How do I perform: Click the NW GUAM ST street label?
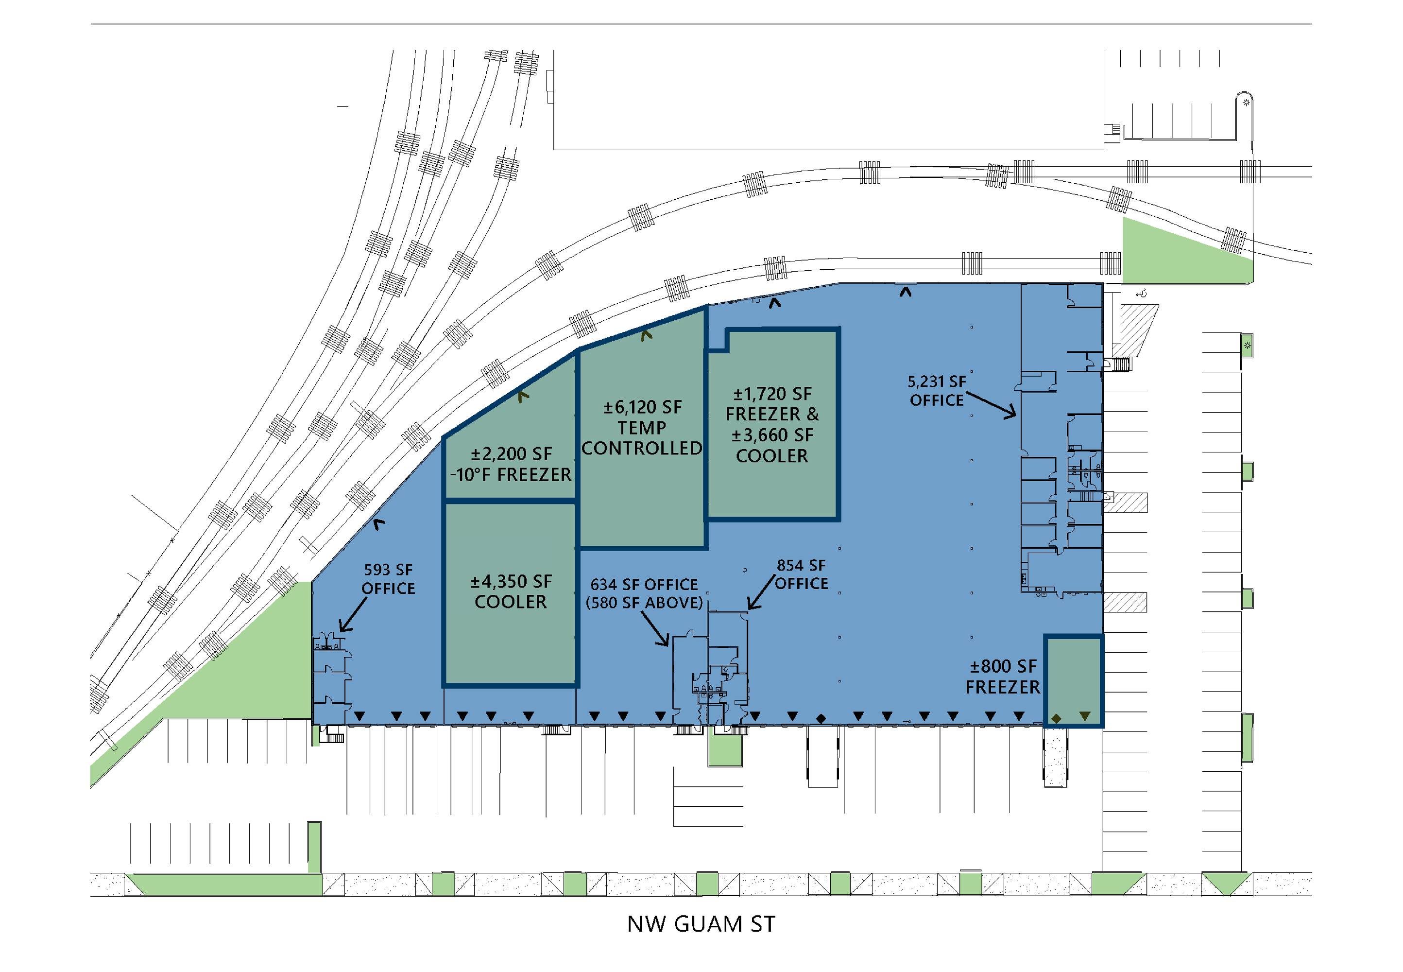[x=701, y=924]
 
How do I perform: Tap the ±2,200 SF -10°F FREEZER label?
[x=511, y=464]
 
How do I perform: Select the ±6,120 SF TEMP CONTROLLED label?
[x=642, y=428]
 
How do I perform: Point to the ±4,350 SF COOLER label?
[x=511, y=591]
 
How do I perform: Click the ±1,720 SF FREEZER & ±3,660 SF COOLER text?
[x=772, y=424]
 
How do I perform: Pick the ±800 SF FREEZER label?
[x=1003, y=677]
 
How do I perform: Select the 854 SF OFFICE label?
[x=801, y=574]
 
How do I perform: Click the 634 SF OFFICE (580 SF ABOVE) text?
[x=644, y=594]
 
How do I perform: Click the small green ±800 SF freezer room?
[x=1073, y=681]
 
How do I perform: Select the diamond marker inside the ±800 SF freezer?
[x=1056, y=719]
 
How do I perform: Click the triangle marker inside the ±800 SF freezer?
[x=1085, y=717]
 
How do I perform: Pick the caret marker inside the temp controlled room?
[x=646, y=334]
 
